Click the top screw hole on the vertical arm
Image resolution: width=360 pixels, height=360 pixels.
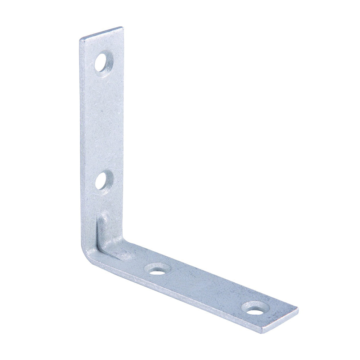coord(104,62)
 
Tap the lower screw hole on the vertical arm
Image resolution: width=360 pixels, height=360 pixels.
coord(103,181)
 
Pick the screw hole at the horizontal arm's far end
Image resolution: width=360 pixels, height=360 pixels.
coord(255,309)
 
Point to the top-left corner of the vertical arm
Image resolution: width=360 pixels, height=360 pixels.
coord(80,39)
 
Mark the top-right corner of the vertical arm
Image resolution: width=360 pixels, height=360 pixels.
coord(122,27)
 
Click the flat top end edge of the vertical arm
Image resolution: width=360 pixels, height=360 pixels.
coord(101,32)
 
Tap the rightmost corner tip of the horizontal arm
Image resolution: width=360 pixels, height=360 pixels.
coord(298,308)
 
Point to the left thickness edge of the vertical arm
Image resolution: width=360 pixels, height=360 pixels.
coord(81,144)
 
